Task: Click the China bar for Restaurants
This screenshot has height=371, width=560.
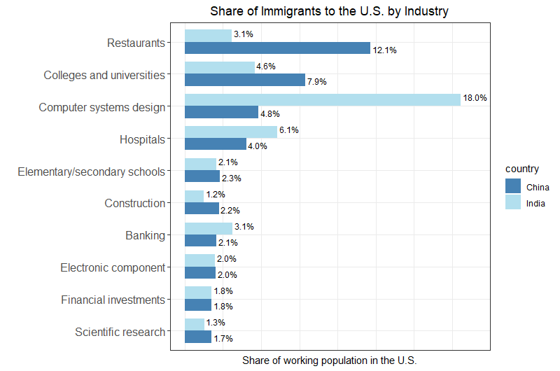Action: [277, 48]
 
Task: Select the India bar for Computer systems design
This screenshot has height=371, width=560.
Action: [323, 99]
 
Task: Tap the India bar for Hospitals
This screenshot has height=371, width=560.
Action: [231, 132]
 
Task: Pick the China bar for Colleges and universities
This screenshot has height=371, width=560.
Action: [245, 80]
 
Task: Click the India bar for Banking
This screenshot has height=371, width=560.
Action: [209, 228]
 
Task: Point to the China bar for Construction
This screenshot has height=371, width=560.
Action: [202, 209]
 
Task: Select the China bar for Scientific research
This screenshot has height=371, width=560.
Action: [198, 337]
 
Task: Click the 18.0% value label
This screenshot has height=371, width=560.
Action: [475, 98]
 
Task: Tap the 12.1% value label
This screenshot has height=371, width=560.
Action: [385, 50]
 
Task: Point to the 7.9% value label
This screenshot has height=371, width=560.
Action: [317, 82]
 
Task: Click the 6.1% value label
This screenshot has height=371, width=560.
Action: [289, 130]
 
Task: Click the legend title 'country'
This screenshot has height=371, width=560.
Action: [521, 169]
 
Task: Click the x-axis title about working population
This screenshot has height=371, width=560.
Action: [329, 360]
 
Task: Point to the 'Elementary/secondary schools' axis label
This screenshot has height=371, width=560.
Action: [91, 171]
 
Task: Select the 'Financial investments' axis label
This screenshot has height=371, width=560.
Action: [113, 300]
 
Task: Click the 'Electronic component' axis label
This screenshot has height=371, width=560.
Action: [113, 267]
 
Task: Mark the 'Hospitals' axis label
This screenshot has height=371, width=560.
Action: [142, 139]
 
